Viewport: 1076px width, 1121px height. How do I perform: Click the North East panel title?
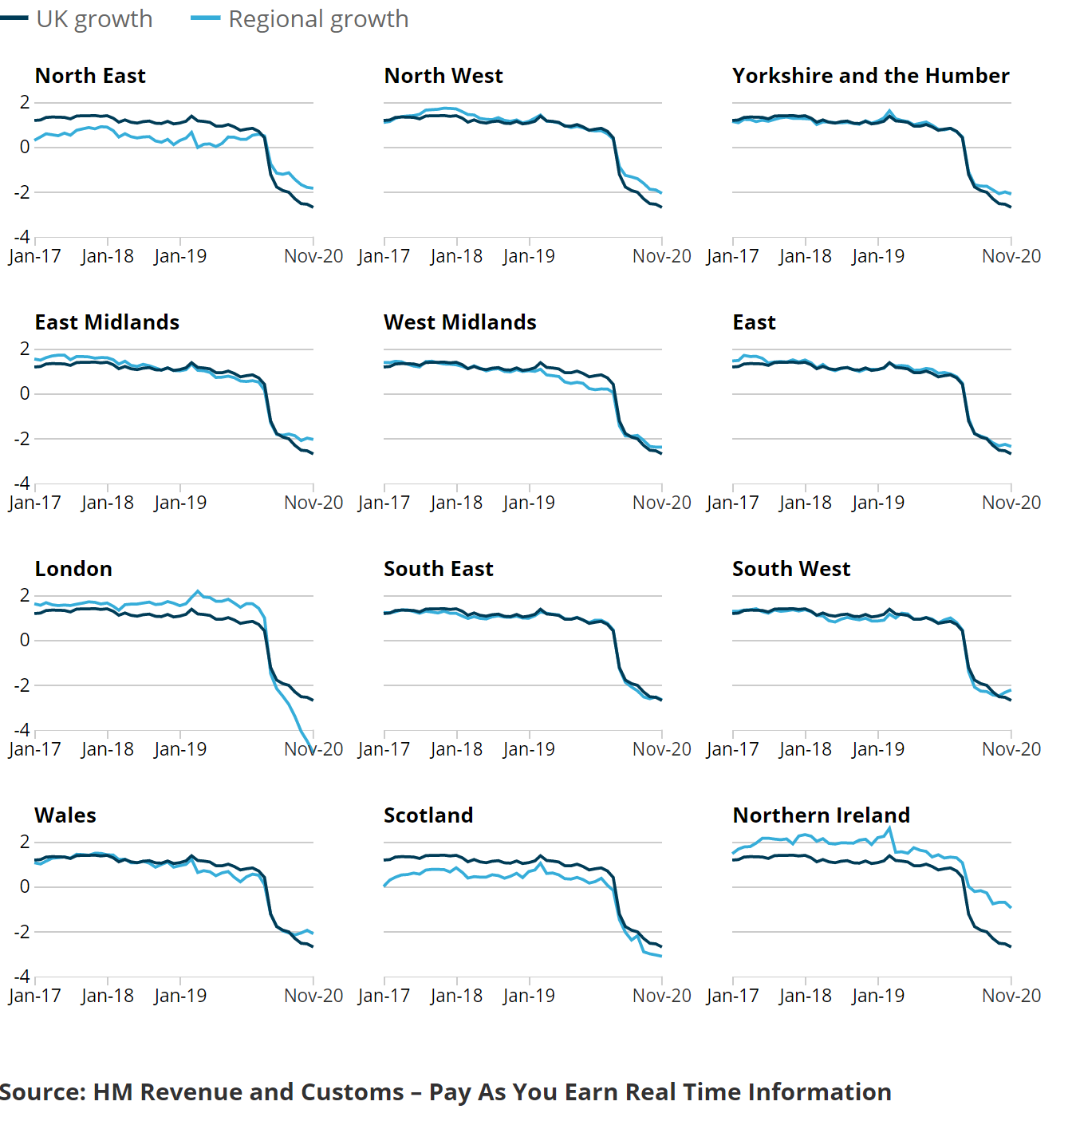pos(90,76)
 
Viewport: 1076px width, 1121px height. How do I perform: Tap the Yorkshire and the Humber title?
pos(870,76)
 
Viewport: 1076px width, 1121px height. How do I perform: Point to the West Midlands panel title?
pos(459,322)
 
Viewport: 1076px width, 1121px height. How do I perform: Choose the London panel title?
pos(73,569)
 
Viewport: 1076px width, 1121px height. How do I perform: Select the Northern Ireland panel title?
pos(821,815)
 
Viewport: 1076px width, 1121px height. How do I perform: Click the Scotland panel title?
pos(428,815)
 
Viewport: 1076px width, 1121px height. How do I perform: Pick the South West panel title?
pos(791,569)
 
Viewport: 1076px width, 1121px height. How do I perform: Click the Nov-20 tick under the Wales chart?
pos(313,996)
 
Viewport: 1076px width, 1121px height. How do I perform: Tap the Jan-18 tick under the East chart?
pos(805,503)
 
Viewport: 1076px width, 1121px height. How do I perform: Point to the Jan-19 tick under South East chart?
pos(529,749)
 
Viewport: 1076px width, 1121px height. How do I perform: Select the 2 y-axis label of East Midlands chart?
pos(25,349)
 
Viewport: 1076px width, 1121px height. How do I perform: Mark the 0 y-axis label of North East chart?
pos(25,147)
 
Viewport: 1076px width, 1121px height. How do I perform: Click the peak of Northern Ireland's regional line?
pos(890,828)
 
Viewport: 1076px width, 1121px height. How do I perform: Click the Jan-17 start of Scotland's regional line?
pos(384,886)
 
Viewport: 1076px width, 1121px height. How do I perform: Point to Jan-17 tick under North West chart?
pos(384,256)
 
